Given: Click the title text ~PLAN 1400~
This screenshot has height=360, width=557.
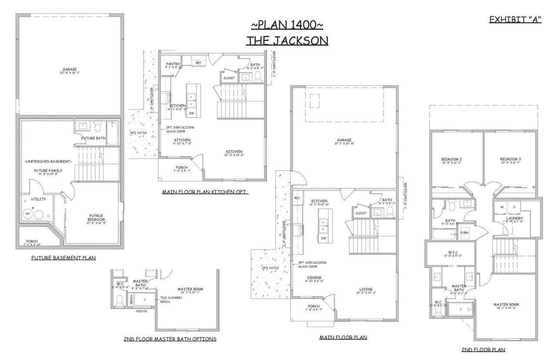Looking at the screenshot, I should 287,24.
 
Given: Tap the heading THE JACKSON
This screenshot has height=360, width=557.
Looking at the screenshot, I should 287,40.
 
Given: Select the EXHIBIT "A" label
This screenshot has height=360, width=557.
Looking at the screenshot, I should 515,20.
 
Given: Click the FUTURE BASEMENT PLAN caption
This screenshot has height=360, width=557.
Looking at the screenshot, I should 64,258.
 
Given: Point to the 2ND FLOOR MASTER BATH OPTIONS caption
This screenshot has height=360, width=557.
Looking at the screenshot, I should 170,339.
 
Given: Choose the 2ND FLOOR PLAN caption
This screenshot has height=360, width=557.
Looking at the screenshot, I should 483,350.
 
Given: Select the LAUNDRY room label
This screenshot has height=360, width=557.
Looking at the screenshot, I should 514,218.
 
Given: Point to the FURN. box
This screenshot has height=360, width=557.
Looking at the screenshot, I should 465,233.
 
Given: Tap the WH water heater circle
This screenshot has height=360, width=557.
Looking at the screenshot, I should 27,213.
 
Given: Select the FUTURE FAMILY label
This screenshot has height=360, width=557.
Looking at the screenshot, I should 48,171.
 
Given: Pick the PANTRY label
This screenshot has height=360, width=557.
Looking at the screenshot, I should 173,64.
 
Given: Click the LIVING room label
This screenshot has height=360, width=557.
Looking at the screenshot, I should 366,289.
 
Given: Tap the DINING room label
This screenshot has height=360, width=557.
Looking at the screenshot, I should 314,277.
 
